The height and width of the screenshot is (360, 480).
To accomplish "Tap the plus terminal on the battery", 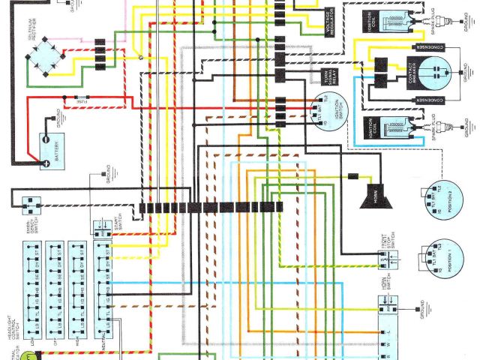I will [x=47, y=161].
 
